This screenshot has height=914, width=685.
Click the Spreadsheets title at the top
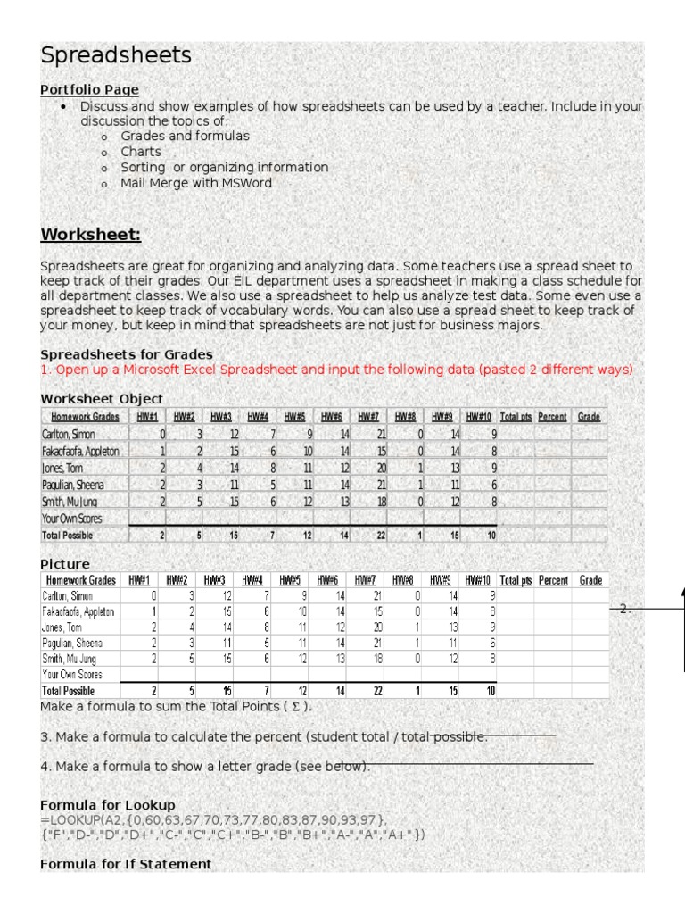(116, 55)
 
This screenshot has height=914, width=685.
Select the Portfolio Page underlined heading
(89, 89)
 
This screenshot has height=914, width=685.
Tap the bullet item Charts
(141, 152)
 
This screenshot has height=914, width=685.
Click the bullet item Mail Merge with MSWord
(196, 183)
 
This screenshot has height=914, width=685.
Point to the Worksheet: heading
(91, 235)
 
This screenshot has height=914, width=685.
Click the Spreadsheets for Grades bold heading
(127, 354)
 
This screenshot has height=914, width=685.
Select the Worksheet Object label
(102, 398)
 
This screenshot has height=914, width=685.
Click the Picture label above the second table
(65, 564)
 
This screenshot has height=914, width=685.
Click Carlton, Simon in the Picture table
(68, 595)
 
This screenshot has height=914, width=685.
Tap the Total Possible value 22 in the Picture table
(376, 691)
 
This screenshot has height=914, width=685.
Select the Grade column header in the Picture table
(590, 580)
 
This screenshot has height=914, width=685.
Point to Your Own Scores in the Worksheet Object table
(71, 519)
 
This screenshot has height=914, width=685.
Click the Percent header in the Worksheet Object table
(552, 417)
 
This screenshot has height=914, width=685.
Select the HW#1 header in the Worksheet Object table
(147, 417)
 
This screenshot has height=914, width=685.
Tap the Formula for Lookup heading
(108, 805)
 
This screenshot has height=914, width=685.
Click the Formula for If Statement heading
(126, 864)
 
